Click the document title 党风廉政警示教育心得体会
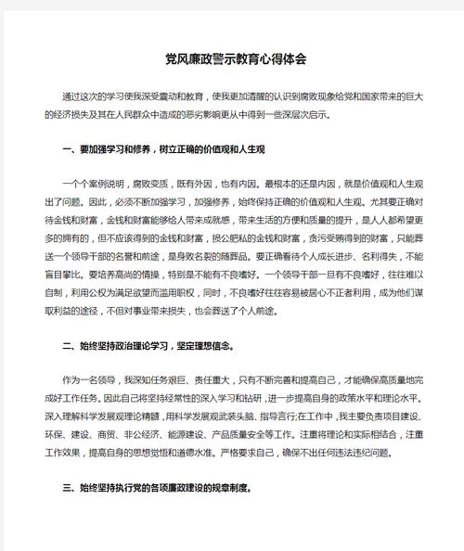232,58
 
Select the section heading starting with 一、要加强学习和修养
163,149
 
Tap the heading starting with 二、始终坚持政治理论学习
148,348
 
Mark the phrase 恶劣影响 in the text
228,114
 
